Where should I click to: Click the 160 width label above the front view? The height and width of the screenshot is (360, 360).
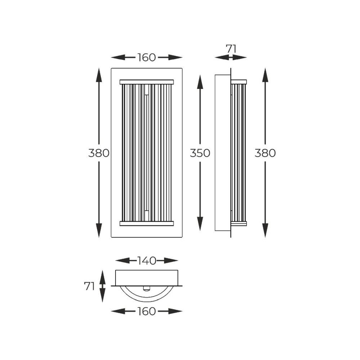(x=147, y=57)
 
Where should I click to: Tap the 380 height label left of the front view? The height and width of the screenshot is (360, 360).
(x=99, y=153)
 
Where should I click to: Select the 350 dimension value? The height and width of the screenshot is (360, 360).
(x=200, y=153)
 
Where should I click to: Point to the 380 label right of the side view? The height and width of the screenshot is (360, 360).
(x=265, y=153)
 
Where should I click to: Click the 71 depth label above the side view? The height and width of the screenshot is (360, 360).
(x=231, y=49)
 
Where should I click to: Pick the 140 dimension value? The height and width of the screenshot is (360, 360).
(x=147, y=261)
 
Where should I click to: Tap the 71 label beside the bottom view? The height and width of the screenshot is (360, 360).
(x=89, y=286)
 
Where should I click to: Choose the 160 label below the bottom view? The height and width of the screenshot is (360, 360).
(x=147, y=311)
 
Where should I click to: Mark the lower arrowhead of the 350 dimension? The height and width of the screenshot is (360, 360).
(x=200, y=224)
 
